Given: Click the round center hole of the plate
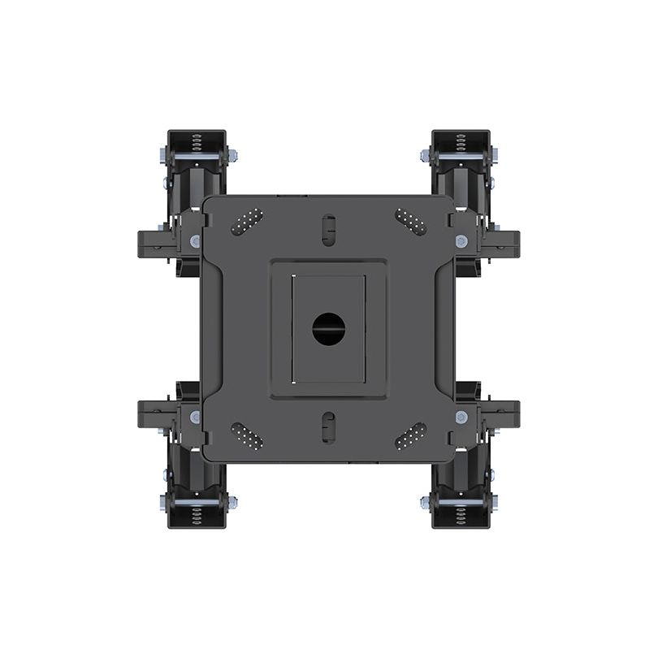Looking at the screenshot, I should click(x=329, y=328).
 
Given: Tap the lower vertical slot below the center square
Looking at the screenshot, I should click(x=328, y=426).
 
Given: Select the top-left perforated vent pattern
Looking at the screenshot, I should click(x=247, y=222).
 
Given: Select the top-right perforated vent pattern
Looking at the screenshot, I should click(x=410, y=222).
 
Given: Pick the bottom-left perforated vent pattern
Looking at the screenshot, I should click(x=247, y=435).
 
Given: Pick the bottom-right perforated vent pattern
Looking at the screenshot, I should click(x=410, y=435).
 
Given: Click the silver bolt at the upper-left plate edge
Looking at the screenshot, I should click(x=195, y=241).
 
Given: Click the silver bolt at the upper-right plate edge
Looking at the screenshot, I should click(x=461, y=241).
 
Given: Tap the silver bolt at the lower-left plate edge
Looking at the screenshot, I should click(x=195, y=417).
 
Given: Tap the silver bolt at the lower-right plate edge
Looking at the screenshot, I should click(x=461, y=417).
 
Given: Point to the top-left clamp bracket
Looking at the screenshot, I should click(x=197, y=162).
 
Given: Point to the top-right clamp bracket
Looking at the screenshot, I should click(x=461, y=162).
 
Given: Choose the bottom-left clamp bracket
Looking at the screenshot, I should click(x=197, y=496).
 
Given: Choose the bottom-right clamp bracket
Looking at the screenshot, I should click(x=461, y=496).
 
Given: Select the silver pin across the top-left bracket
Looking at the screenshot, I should click(x=197, y=156).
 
